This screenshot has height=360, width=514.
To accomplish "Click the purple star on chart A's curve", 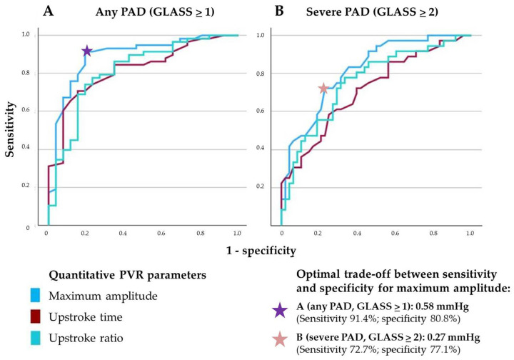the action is pyautogui.click(x=87, y=51).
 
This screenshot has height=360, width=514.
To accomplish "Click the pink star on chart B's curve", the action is pyautogui.click(x=323, y=88).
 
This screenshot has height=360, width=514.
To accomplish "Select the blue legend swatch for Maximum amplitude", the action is pyautogui.click(x=35, y=295).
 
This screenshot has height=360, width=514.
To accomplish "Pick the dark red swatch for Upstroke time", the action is pyautogui.click(x=35, y=316).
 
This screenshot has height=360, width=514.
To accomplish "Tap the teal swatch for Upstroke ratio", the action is pyautogui.click(x=35, y=338).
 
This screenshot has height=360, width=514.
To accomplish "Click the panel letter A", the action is pyautogui.click(x=49, y=11).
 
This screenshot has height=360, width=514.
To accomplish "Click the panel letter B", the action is pyautogui.click(x=279, y=11).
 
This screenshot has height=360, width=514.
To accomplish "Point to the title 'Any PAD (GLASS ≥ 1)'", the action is pyautogui.click(x=155, y=12).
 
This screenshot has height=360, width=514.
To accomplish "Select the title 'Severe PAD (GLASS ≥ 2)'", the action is pyautogui.click(x=372, y=12).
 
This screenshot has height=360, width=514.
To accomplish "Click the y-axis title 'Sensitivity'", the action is pyautogui.click(x=10, y=129).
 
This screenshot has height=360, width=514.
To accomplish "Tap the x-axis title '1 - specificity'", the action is pyautogui.click(x=261, y=251).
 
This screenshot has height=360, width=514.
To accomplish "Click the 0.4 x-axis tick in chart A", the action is pyautogui.click(x=123, y=233).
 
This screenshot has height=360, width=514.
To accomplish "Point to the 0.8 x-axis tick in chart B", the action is pyautogui.click(x=433, y=233).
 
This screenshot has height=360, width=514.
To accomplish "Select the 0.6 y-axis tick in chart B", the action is pyautogui.click(x=260, y=111).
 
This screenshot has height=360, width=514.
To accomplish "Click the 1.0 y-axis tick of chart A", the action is pyautogui.click(x=26, y=34).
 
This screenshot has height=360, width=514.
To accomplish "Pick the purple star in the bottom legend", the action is pyautogui.click(x=280, y=311).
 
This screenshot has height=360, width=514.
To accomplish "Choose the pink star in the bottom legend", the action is pyautogui.click(x=280, y=339).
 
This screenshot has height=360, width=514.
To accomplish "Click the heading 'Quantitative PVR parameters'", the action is pyautogui.click(x=128, y=275).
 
